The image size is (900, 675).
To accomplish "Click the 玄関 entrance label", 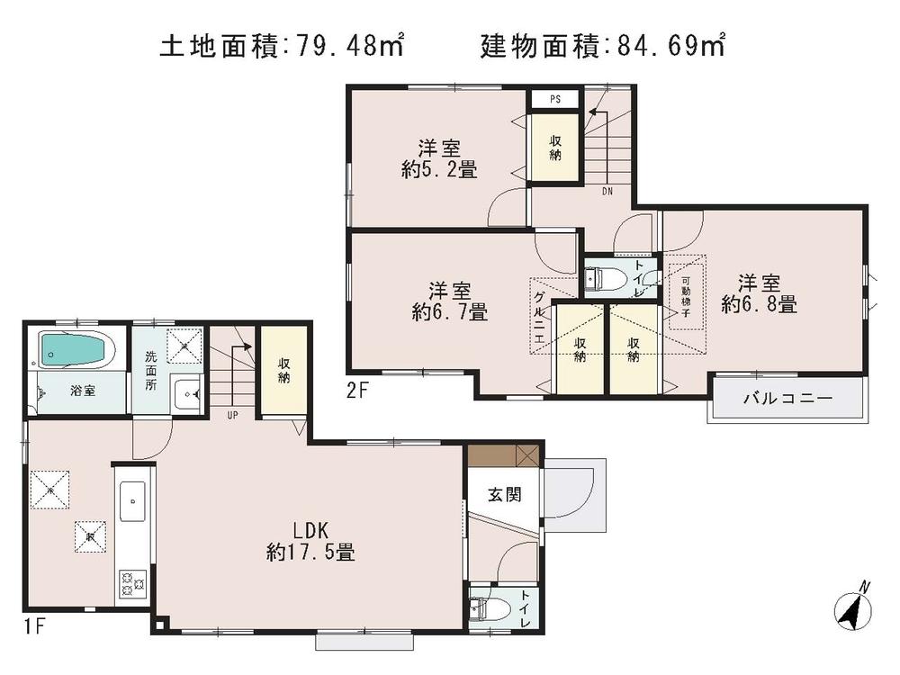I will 501,494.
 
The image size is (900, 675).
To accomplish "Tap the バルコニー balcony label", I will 788,398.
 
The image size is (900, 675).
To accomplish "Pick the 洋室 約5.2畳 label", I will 438,157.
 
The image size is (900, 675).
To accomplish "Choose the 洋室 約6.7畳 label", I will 450,301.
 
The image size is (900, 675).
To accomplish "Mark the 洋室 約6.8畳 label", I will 759,292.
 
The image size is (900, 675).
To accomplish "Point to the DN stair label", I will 608,191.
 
